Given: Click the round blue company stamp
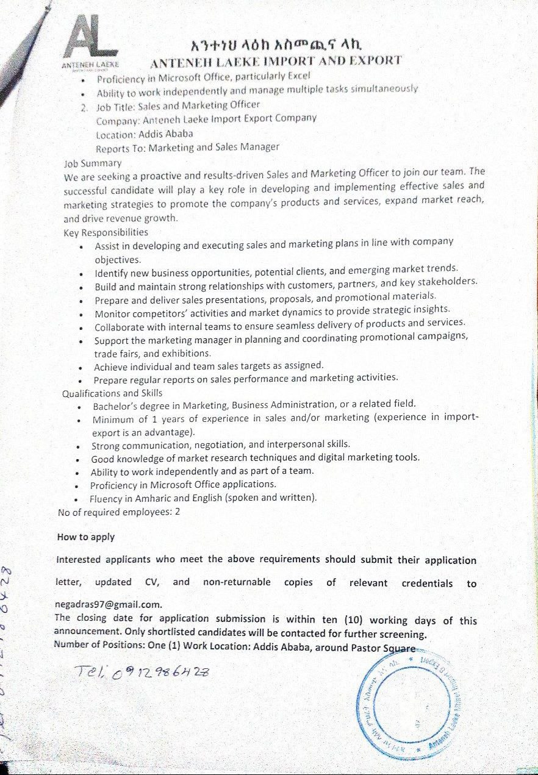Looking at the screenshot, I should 415,699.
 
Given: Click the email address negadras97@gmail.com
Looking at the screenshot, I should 109,605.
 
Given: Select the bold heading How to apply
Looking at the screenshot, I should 85,537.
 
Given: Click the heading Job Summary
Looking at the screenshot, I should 93,163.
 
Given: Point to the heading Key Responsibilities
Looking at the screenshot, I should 106,232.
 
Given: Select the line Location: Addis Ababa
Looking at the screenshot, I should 145,134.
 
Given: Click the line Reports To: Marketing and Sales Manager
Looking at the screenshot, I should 187,148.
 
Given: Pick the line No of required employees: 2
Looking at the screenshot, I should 119,512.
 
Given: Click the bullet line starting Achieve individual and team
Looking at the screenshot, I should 209,366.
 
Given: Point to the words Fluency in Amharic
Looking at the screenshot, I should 131,498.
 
